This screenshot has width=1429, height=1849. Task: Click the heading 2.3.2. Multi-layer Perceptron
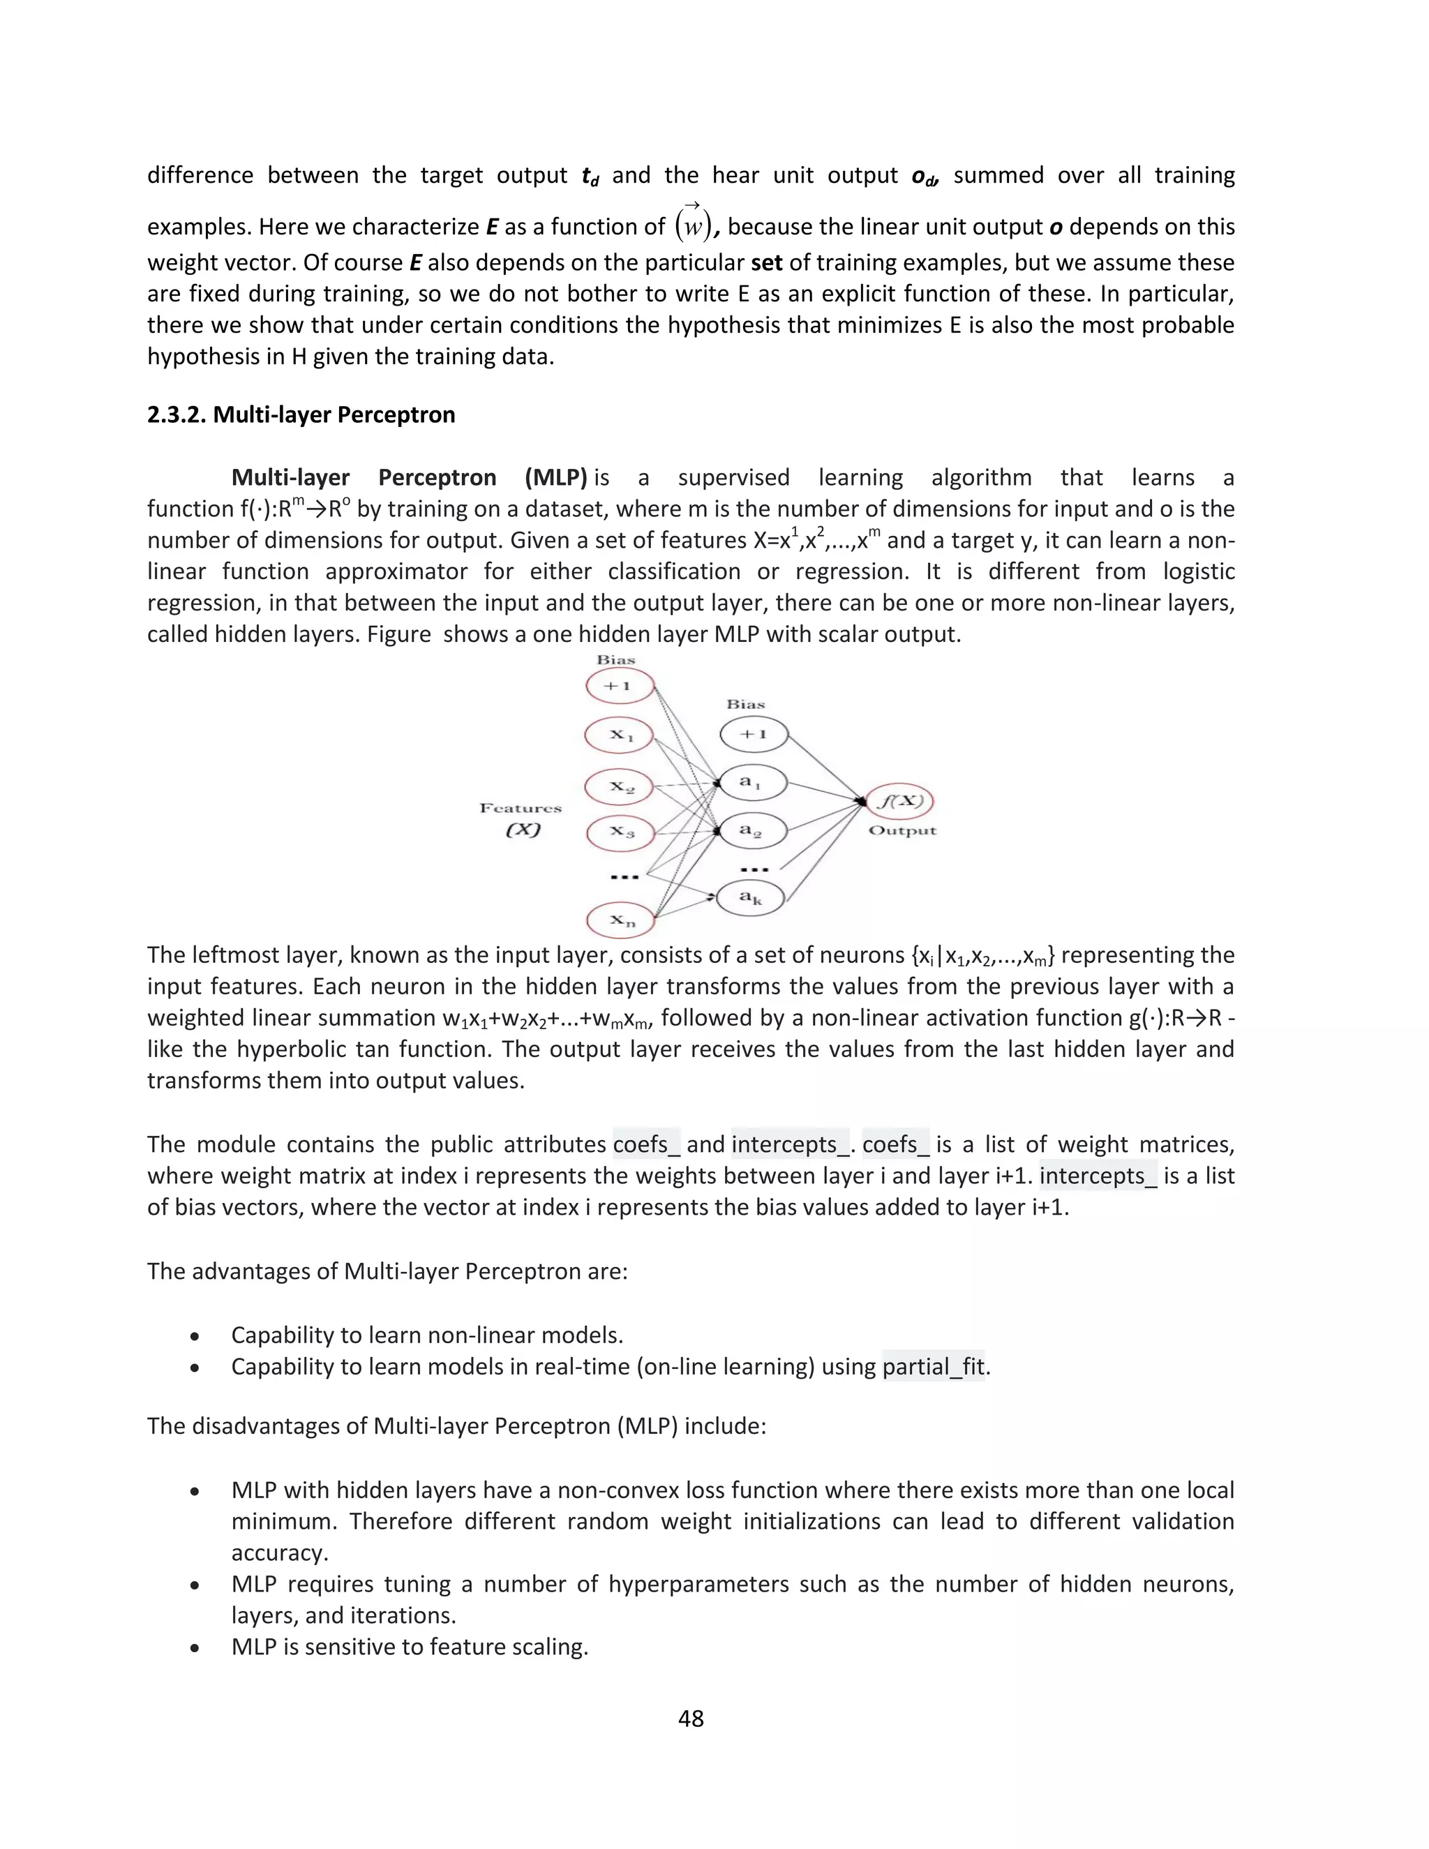tap(301, 415)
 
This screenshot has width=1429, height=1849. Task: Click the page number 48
tap(691, 1718)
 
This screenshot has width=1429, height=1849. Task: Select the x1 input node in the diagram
tap(620, 734)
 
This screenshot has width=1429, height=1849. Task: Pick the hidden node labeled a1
tap(751, 783)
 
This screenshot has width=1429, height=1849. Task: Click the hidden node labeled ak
tap(750, 897)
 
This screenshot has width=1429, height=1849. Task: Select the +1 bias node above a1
tap(754, 734)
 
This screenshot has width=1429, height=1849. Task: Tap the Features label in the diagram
tap(521, 809)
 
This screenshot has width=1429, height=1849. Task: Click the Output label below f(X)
tap(902, 830)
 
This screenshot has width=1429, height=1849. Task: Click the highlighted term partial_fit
tap(933, 1366)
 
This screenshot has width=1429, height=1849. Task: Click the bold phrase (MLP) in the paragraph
tap(555, 477)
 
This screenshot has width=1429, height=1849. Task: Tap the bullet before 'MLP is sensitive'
tap(195, 1648)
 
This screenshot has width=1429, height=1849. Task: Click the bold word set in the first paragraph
tap(766, 262)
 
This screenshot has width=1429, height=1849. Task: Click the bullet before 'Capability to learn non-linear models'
tap(195, 1337)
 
